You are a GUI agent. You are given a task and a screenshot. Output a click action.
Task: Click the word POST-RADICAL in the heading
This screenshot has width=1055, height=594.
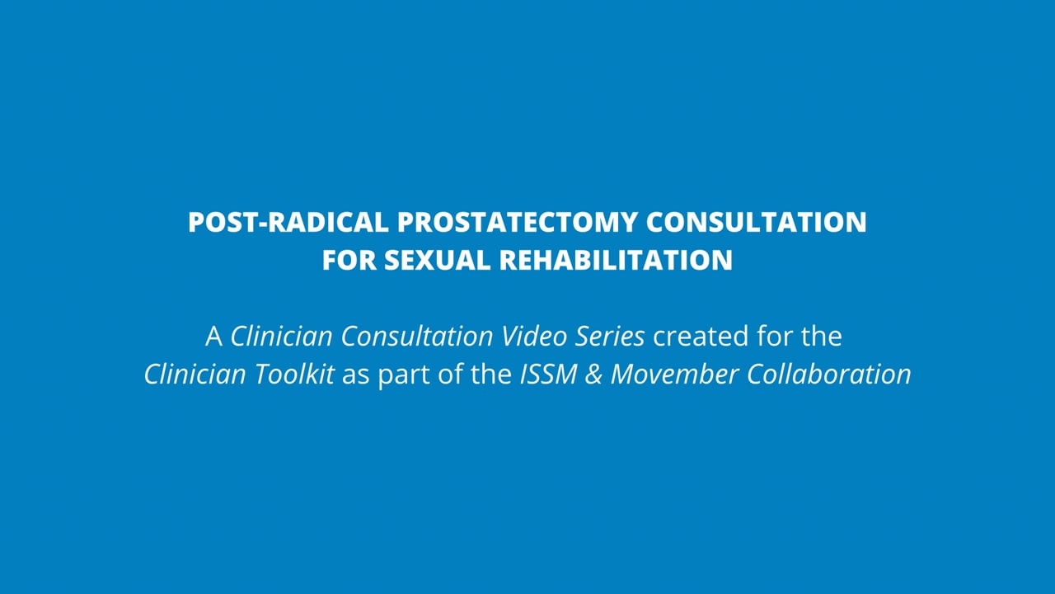click(288, 222)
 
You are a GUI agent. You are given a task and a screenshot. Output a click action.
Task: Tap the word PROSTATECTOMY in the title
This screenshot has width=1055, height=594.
click(517, 222)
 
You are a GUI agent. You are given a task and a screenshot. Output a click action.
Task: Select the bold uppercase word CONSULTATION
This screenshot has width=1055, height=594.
click(756, 222)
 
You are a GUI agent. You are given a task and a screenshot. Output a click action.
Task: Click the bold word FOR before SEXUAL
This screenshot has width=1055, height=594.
click(349, 260)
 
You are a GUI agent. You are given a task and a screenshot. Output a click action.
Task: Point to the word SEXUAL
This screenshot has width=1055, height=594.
click(437, 260)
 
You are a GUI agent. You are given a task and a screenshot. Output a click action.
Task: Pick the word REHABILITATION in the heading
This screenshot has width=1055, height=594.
click(616, 260)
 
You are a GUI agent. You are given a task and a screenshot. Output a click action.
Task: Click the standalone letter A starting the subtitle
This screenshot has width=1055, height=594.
click(213, 337)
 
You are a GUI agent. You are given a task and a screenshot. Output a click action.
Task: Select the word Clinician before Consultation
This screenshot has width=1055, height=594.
click(281, 336)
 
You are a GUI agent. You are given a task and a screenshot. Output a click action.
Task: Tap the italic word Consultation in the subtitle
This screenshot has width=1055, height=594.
click(417, 336)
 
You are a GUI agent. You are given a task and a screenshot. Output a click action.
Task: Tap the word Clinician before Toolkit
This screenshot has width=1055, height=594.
click(195, 375)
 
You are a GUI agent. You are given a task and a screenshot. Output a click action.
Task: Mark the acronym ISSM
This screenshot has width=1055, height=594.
click(549, 375)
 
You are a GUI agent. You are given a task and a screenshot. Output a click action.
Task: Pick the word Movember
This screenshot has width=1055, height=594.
click(674, 375)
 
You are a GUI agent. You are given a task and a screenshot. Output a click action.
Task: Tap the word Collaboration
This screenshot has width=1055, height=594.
click(829, 375)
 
